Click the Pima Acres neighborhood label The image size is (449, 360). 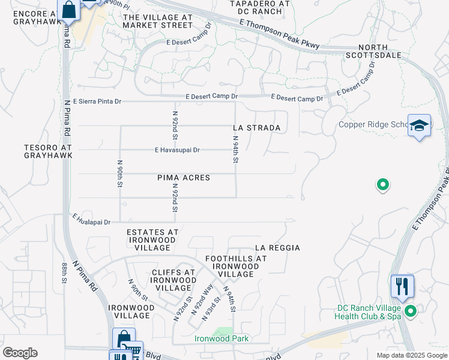tap(184, 178)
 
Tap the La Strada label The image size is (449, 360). tap(256, 128)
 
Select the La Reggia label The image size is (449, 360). tap(277, 247)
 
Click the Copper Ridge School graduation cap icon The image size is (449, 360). tap(419, 125)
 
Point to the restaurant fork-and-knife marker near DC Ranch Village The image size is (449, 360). tap(402, 286)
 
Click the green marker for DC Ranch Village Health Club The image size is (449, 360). tap(411, 311)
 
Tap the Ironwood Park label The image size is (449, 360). tap(221, 338)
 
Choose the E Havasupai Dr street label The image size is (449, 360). tap(177, 149)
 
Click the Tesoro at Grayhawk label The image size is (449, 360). tap(48, 151)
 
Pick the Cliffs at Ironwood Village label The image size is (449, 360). tap(173, 280)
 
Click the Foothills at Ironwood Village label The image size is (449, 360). tap(235, 266)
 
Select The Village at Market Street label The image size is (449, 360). tap(158, 21)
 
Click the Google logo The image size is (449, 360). tap(20, 353)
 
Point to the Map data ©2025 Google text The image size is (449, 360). tap(411, 355)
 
